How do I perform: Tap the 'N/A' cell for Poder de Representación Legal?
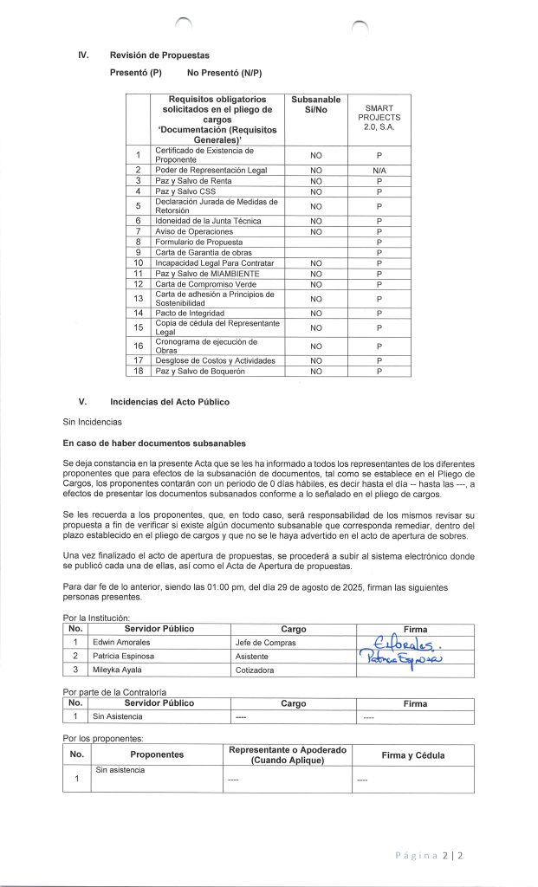pyautogui.click(x=379, y=172)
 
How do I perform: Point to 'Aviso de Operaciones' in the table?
pyautogui.click(x=194, y=233)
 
